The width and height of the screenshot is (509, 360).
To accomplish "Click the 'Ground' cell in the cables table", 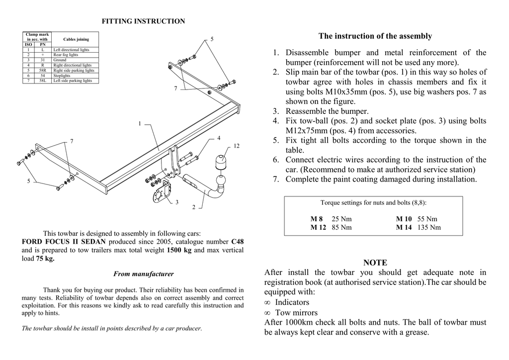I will (60, 60).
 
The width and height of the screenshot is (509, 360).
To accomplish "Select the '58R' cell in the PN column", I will (42, 71).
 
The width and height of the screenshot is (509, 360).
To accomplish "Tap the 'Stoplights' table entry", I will (62, 76).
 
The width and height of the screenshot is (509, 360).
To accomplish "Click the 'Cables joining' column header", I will (76, 39).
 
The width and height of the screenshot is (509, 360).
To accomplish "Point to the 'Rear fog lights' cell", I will (66, 55).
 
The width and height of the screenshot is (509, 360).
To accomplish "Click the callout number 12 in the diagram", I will (237, 146).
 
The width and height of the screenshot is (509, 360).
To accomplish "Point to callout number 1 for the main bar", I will (140, 123).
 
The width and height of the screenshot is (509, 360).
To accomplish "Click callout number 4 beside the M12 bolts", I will (219, 137).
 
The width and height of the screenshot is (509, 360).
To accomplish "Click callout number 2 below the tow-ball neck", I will (194, 207).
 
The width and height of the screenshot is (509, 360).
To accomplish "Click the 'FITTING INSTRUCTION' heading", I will (143, 21).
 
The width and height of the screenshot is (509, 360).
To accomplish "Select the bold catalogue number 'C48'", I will (238, 242).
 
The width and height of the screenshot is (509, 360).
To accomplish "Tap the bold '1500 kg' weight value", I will (179, 250).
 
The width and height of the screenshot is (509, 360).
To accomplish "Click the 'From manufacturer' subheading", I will (143, 273).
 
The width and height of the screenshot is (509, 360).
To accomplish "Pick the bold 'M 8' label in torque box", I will (317, 219).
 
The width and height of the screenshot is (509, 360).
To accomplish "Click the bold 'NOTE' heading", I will (375, 263).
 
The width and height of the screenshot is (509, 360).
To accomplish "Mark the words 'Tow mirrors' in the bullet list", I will (296, 313).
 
